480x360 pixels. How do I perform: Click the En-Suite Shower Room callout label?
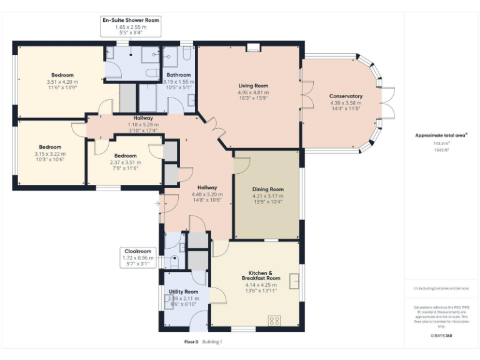[131, 20]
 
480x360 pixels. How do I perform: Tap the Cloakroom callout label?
[137, 251]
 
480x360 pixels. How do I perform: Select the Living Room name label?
[252, 86]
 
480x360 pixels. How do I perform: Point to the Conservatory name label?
[346, 96]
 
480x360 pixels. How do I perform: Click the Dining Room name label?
[267, 189]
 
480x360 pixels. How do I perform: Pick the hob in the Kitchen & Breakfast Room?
[274, 321]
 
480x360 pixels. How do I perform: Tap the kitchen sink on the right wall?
[294, 274]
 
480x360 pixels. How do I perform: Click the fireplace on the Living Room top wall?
[253, 47]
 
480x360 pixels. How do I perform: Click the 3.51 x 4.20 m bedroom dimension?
[62, 81]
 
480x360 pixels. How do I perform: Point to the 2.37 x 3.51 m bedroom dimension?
[125, 162]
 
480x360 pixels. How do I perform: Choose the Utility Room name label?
[183, 292]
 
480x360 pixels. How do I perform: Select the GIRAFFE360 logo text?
[441, 336]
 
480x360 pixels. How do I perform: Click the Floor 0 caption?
[191, 342]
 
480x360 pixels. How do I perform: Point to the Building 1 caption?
[212, 342]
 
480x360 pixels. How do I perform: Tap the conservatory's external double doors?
[389, 103]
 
